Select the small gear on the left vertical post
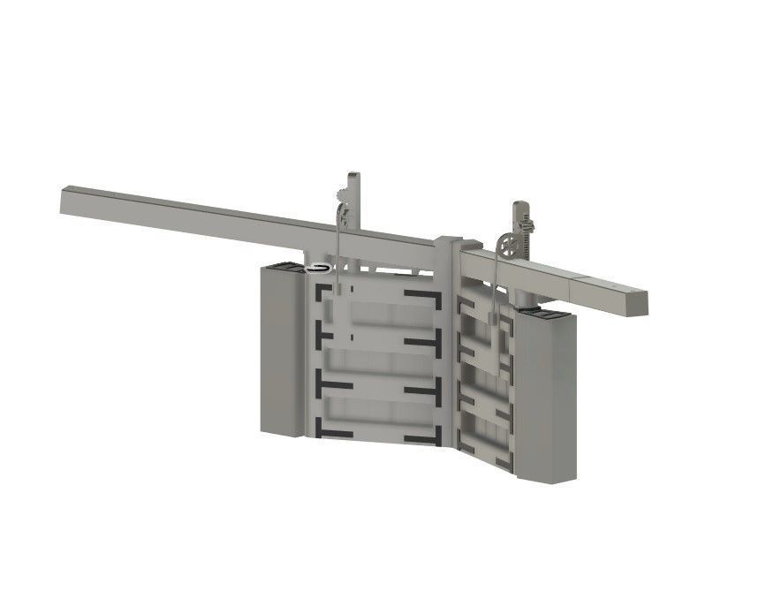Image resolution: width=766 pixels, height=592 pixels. tap(343, 195)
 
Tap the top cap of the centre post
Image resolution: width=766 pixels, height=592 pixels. tap(449, 241)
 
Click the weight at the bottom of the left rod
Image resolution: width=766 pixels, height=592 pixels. tap(337, 289)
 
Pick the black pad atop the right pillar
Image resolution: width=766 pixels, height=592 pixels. tap(541, 312)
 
